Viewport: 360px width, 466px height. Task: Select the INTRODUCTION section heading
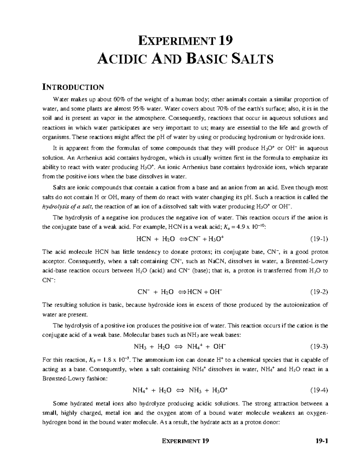tap(73, 87)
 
